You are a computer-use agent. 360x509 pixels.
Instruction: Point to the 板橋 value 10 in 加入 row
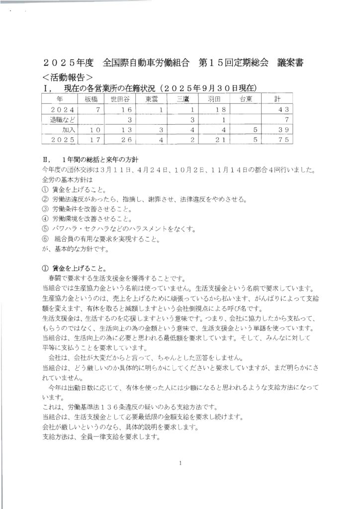(x=95, y=130)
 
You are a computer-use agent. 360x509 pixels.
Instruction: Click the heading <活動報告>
(x=68, y=77)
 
